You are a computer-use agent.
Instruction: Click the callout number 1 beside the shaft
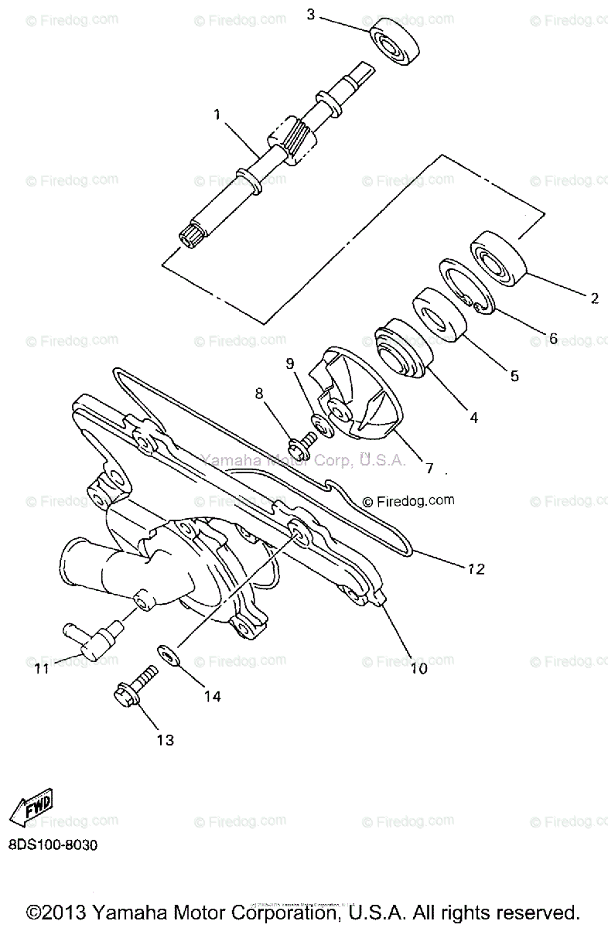[217, 114]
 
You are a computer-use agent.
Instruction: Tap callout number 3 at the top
[311, 14]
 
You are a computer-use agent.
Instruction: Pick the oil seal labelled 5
[439, 313]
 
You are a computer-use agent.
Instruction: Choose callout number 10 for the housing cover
[418, 668]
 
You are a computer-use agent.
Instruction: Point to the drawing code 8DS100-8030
[53, 845]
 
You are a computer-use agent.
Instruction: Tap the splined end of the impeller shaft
[189, 233]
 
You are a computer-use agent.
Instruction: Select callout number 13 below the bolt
[165, 740]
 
